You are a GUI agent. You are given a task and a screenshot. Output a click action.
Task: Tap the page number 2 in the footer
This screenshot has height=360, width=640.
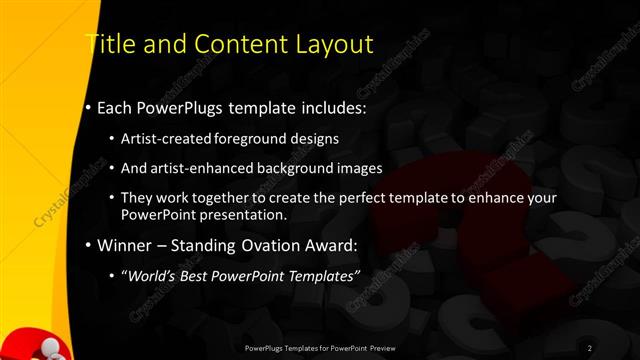click(590, 347)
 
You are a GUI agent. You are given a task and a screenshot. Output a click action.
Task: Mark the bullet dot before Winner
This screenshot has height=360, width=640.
click(89, 245)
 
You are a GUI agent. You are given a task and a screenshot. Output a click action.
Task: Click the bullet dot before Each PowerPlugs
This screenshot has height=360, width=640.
click(89, 105)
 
